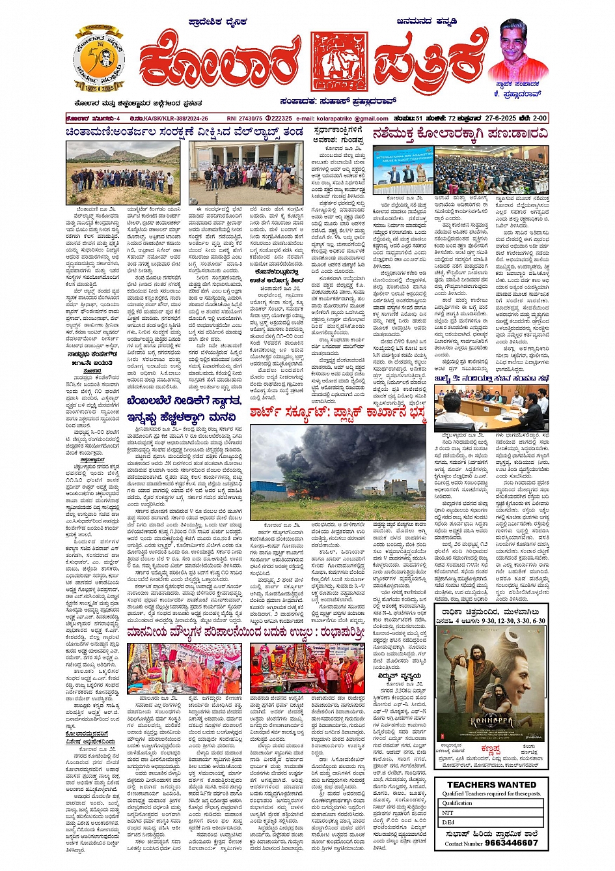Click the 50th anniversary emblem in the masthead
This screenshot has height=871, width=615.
(x=98, y=60)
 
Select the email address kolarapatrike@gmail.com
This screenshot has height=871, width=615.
(x=352, y=118)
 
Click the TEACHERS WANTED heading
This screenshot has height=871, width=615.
(x=491, y=785)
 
